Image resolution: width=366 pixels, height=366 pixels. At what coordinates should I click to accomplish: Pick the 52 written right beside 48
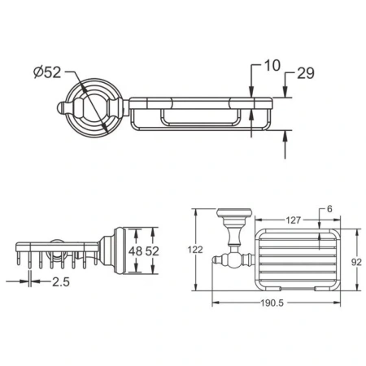coord(151,252)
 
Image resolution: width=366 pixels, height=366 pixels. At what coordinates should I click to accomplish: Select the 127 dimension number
coord(294,219)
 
